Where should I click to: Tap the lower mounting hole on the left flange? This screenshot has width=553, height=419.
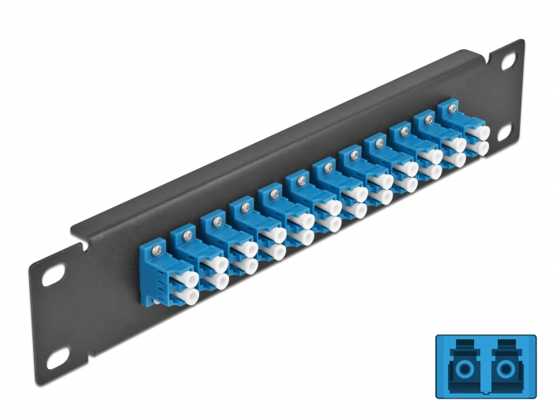55,357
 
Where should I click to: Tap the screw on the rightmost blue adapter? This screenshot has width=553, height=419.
453,110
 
